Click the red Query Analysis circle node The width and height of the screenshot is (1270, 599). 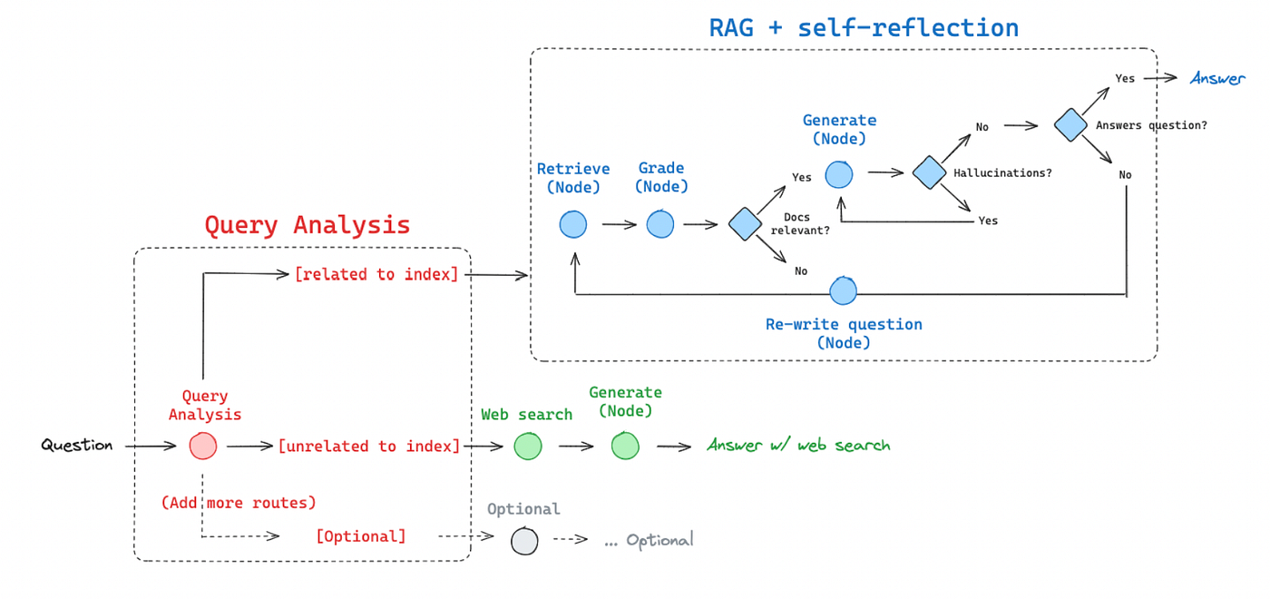tap(203, 446)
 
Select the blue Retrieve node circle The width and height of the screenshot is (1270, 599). tap(573, 223)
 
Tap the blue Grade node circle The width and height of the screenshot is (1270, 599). tap(660, 223)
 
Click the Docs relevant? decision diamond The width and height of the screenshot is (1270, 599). tap(745, 223)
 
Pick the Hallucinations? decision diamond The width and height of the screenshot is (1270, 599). tap(929, 172)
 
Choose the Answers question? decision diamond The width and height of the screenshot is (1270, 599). tap(1070, 125)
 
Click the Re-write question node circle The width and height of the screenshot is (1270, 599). tap(844, 291)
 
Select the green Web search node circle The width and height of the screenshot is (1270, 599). tap(528, 446)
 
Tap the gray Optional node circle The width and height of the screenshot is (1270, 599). tap(524, 541)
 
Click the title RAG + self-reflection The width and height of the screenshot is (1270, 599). tap(864, 27)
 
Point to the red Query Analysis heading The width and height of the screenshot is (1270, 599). tap(307, 225)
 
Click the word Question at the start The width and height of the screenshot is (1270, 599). tap(77, 446)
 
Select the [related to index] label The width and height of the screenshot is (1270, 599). tap(376, 274)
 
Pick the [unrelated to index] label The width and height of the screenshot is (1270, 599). tap(369, 446)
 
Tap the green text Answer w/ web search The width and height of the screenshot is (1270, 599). tap(798, 446)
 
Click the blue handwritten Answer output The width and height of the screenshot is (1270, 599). tap(1217, 79)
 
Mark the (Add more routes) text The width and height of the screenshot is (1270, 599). tap(239, 502)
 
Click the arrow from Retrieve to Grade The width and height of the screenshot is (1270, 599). tap(619, 224)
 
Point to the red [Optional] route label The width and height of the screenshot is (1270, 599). tap(361, 536)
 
